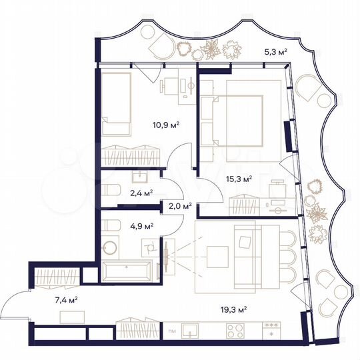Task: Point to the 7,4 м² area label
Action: click(x=66, y=299)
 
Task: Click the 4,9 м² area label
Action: click(x=141, y=225)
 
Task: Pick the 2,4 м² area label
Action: click(x=141, y=193)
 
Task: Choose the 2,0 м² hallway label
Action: click(x=180, y=206)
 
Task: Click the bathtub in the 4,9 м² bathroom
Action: click(x=128, y=271)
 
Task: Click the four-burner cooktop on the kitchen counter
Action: click(x=235, y=330)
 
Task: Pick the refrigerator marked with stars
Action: click(x=271, y=330)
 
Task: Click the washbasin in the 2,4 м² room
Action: click(x=140, y=176)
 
